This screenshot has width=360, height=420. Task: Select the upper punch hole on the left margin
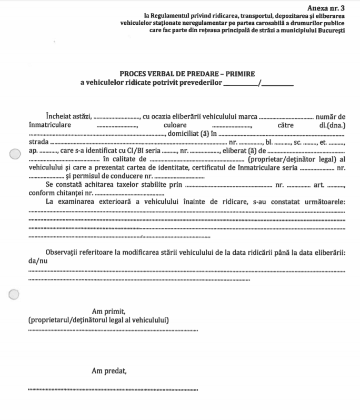tap(14, 154)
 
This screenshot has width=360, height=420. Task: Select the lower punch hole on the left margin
tap(14, 294)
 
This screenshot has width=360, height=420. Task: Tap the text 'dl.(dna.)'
tap(332, 126)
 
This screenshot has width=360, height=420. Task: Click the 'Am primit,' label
tap(108, 311)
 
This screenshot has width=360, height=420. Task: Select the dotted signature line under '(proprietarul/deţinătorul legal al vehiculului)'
tap(113, 331)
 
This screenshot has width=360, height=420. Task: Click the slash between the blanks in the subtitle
tap(259, 83)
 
